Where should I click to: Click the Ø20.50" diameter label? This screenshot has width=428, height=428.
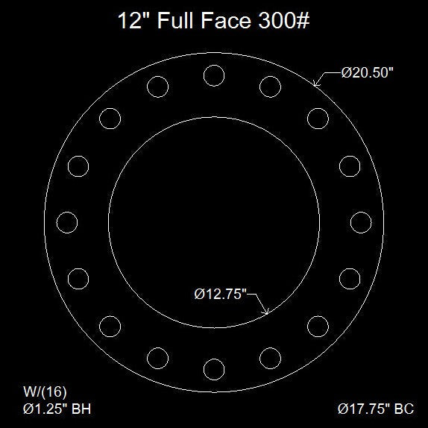click(367, 74)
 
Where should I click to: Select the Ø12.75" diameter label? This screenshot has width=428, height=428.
click(220, 295)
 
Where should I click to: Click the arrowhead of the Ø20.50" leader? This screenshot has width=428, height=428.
click(315, 86)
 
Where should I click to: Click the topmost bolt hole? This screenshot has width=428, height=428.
click(214, 75)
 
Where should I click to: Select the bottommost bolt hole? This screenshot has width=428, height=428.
click(214, 369)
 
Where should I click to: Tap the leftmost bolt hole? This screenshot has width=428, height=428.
click(67, 222)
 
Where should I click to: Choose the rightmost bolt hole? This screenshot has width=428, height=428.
click(361, 222)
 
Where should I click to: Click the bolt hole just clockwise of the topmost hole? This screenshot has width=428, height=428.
click(270, 86)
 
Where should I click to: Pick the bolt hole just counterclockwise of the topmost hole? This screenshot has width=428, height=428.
click(158, 86)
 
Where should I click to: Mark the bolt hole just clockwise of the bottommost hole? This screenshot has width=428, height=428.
click(158, 358)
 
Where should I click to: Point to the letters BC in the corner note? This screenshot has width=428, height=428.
click(403, 409)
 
